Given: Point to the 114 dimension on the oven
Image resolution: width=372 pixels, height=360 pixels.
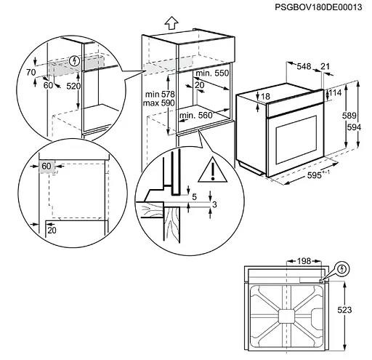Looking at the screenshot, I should point(335,93).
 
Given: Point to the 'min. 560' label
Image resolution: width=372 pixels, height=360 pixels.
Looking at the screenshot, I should point(195,115).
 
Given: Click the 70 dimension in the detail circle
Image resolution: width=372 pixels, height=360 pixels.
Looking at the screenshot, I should point(30,73).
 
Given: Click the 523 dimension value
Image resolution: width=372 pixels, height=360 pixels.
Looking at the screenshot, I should point(345,311).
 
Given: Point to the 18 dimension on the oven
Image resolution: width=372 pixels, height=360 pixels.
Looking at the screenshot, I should point(265,96).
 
